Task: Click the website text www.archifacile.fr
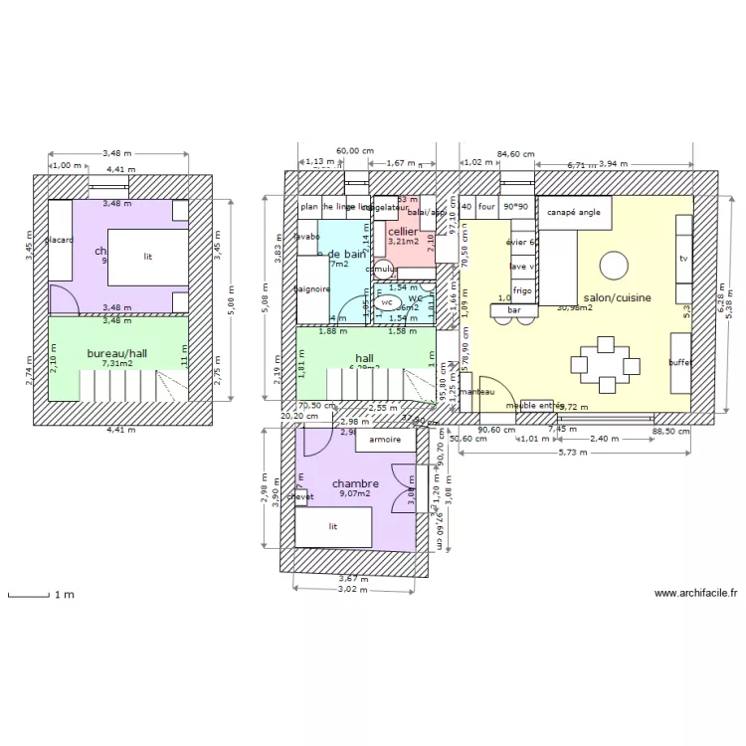click(x=695, y=594)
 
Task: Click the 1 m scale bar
click(x=30, y=595)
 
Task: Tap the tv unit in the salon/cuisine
click(x=683, y=259)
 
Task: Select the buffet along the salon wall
click(x=680, y=363)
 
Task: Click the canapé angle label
click(x=574, y=213)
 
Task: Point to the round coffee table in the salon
click(x=614, y=265)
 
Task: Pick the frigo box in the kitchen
click(x=522, y=290)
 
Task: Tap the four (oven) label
click(x=486, y=207)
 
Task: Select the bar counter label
click(x=515, y=310)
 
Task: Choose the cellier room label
click(x=403, y=232)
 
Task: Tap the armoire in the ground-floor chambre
click(x=385, y=439)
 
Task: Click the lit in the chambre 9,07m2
click(x=334, y=527)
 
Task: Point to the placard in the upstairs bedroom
click(x=60, y=240)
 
